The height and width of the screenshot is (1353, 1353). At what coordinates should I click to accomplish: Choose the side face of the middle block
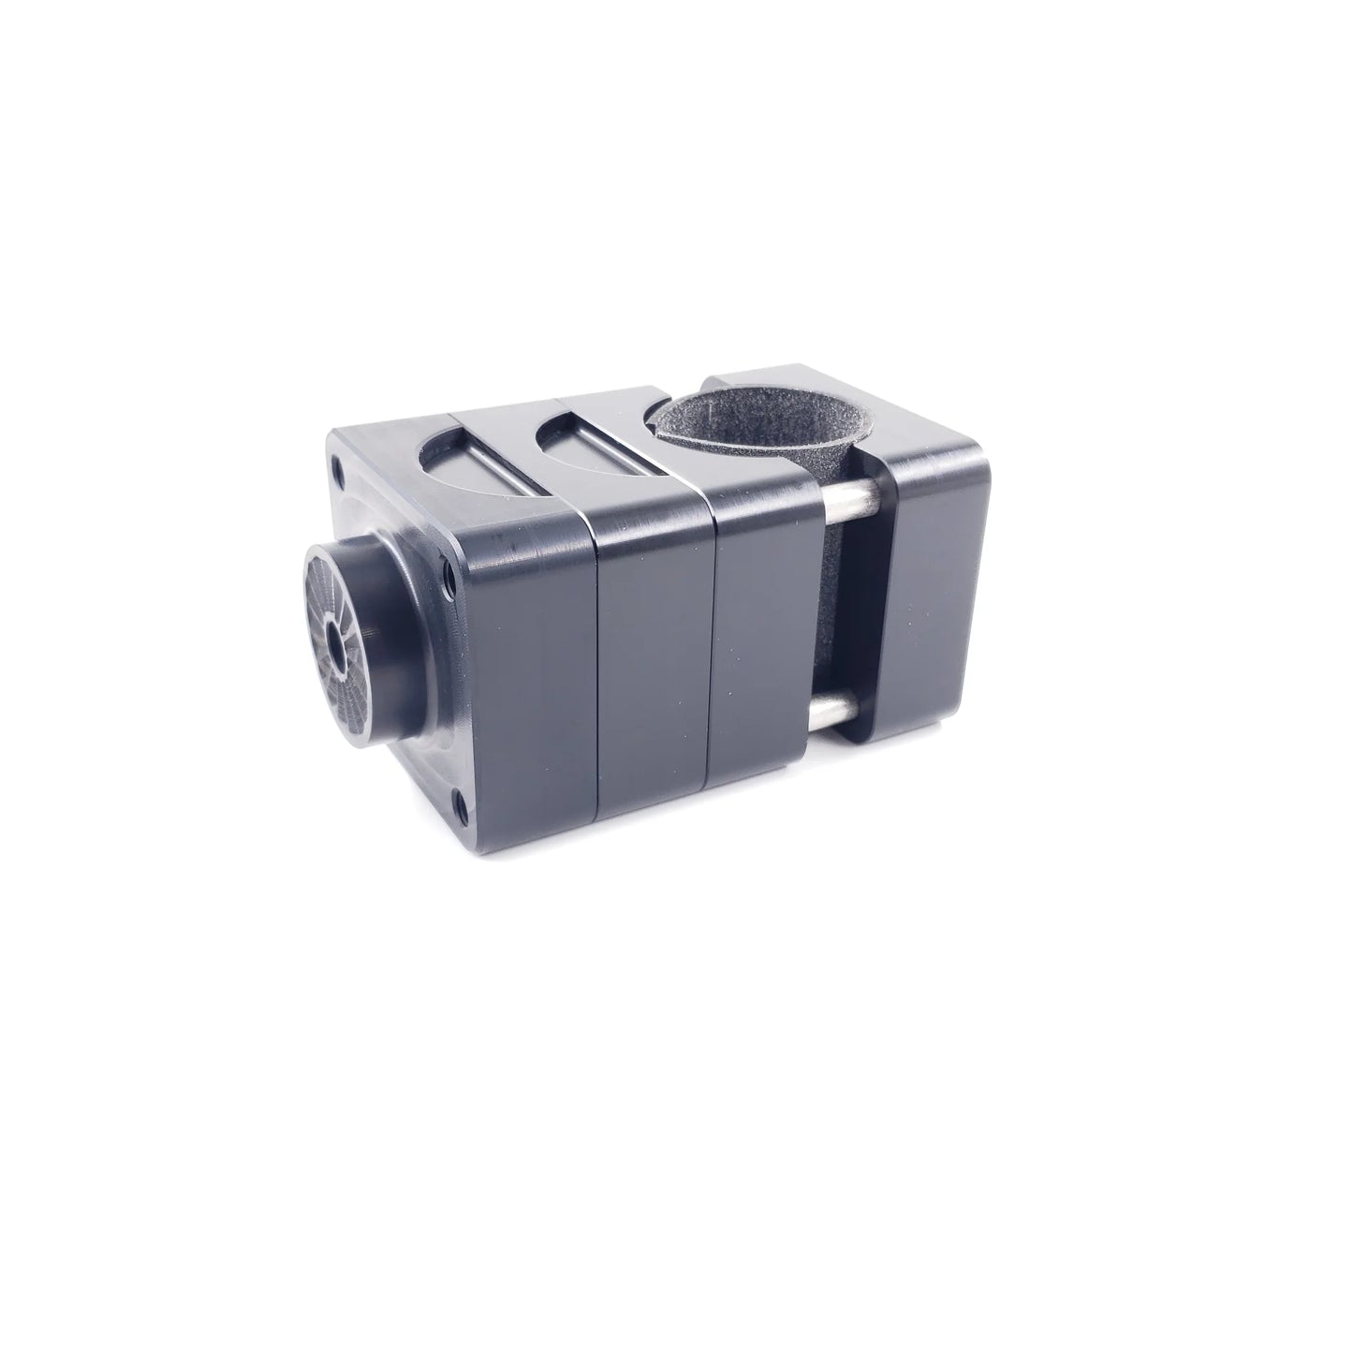[x=655, y=646]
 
